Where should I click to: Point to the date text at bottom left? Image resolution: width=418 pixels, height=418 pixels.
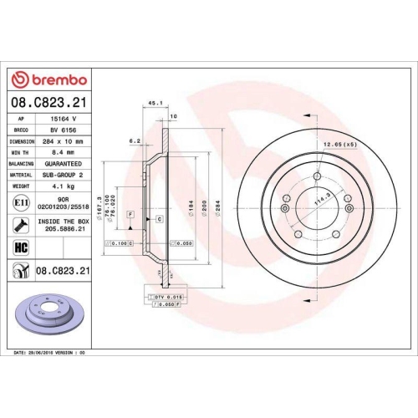point(51,353)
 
